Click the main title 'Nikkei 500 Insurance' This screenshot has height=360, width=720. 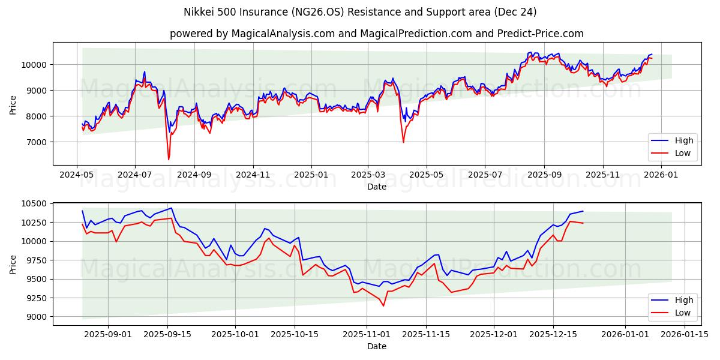(x=359, y=12)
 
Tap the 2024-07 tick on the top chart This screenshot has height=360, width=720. (x=134, y=175)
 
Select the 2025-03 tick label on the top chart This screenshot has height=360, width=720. (x=368, y=175)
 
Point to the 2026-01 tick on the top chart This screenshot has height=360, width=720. (x=661, y=175)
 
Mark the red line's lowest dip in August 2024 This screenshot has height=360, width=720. (x=169, y=159)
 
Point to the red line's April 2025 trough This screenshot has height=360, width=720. (x=403, y=142)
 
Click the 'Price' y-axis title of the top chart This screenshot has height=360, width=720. (x=13, y=104)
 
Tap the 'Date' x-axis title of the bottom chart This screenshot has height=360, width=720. (x=376, y=346)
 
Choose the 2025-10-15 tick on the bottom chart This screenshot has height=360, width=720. (x=295, y=334)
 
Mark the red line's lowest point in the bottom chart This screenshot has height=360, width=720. (x=383, y=305)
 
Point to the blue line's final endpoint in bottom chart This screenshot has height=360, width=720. (x=583, y=211)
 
